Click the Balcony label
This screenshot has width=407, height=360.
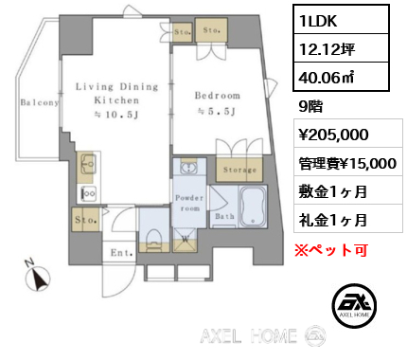coord(40,102)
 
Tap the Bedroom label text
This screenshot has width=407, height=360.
coord(218,96)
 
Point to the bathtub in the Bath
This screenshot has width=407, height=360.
coord(253,207)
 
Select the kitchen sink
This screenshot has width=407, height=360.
coord(88,164)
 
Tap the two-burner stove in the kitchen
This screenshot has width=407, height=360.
coord(89,194)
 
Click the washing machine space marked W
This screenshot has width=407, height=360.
coord(186,239)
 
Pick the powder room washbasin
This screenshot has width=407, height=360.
coord(189,167)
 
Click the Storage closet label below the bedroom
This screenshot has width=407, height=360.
coord(239,170)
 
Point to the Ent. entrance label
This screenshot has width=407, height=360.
coord(121,253)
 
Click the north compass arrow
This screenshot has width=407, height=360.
coord(39,278)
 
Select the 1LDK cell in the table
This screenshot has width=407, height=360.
coord(341,20)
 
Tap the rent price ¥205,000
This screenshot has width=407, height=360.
coord(334,135)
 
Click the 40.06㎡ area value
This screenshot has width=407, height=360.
coord(327,77)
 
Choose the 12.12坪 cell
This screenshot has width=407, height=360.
coord(327,49)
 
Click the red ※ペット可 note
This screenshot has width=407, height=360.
coord(331,250)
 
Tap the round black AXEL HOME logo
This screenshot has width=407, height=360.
coord(354,304)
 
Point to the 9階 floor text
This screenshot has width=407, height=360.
coord(310,107)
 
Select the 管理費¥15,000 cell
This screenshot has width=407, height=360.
coord(348,164)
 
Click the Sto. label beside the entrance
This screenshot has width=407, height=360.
coord(85,220)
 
